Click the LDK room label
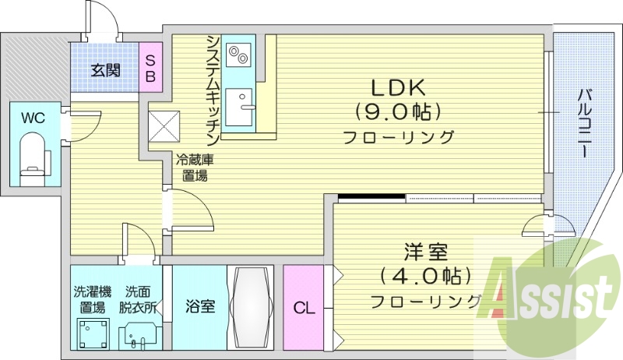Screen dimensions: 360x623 396,86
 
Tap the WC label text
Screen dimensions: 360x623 32,118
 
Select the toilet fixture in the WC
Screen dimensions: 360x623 33,155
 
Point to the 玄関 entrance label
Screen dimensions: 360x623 105,70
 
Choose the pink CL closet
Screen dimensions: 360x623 303,308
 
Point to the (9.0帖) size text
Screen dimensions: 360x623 396,112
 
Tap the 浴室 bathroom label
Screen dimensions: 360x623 199,307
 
